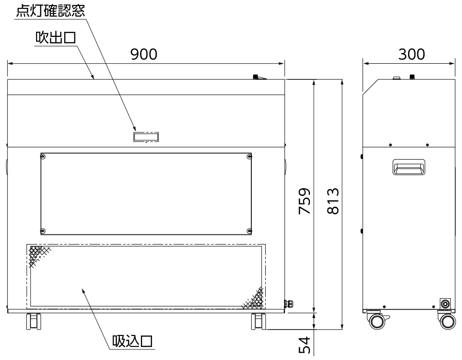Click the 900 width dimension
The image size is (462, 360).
144,54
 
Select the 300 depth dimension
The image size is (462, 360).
412,54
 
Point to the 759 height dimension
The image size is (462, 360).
304,201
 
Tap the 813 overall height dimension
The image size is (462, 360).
333,201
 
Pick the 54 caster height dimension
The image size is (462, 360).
304,345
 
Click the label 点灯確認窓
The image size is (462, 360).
50,11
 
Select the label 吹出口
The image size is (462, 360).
56,38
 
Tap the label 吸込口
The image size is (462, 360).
132,342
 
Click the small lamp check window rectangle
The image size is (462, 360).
146,137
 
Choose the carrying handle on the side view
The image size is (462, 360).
409,167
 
